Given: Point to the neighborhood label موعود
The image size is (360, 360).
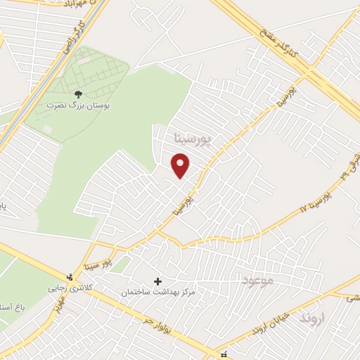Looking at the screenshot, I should coord(256,282).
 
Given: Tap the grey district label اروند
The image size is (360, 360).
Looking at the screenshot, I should coord(314,319).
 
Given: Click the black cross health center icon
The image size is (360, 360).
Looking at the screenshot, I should coord(157,281).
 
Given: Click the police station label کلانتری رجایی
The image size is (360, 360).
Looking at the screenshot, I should coord(70,288).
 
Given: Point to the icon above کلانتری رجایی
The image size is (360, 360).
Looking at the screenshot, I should coord(69,276).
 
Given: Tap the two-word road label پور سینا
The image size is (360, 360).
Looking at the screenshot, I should coord(97,264).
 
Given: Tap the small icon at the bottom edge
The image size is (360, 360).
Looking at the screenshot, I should coord(224,354).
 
